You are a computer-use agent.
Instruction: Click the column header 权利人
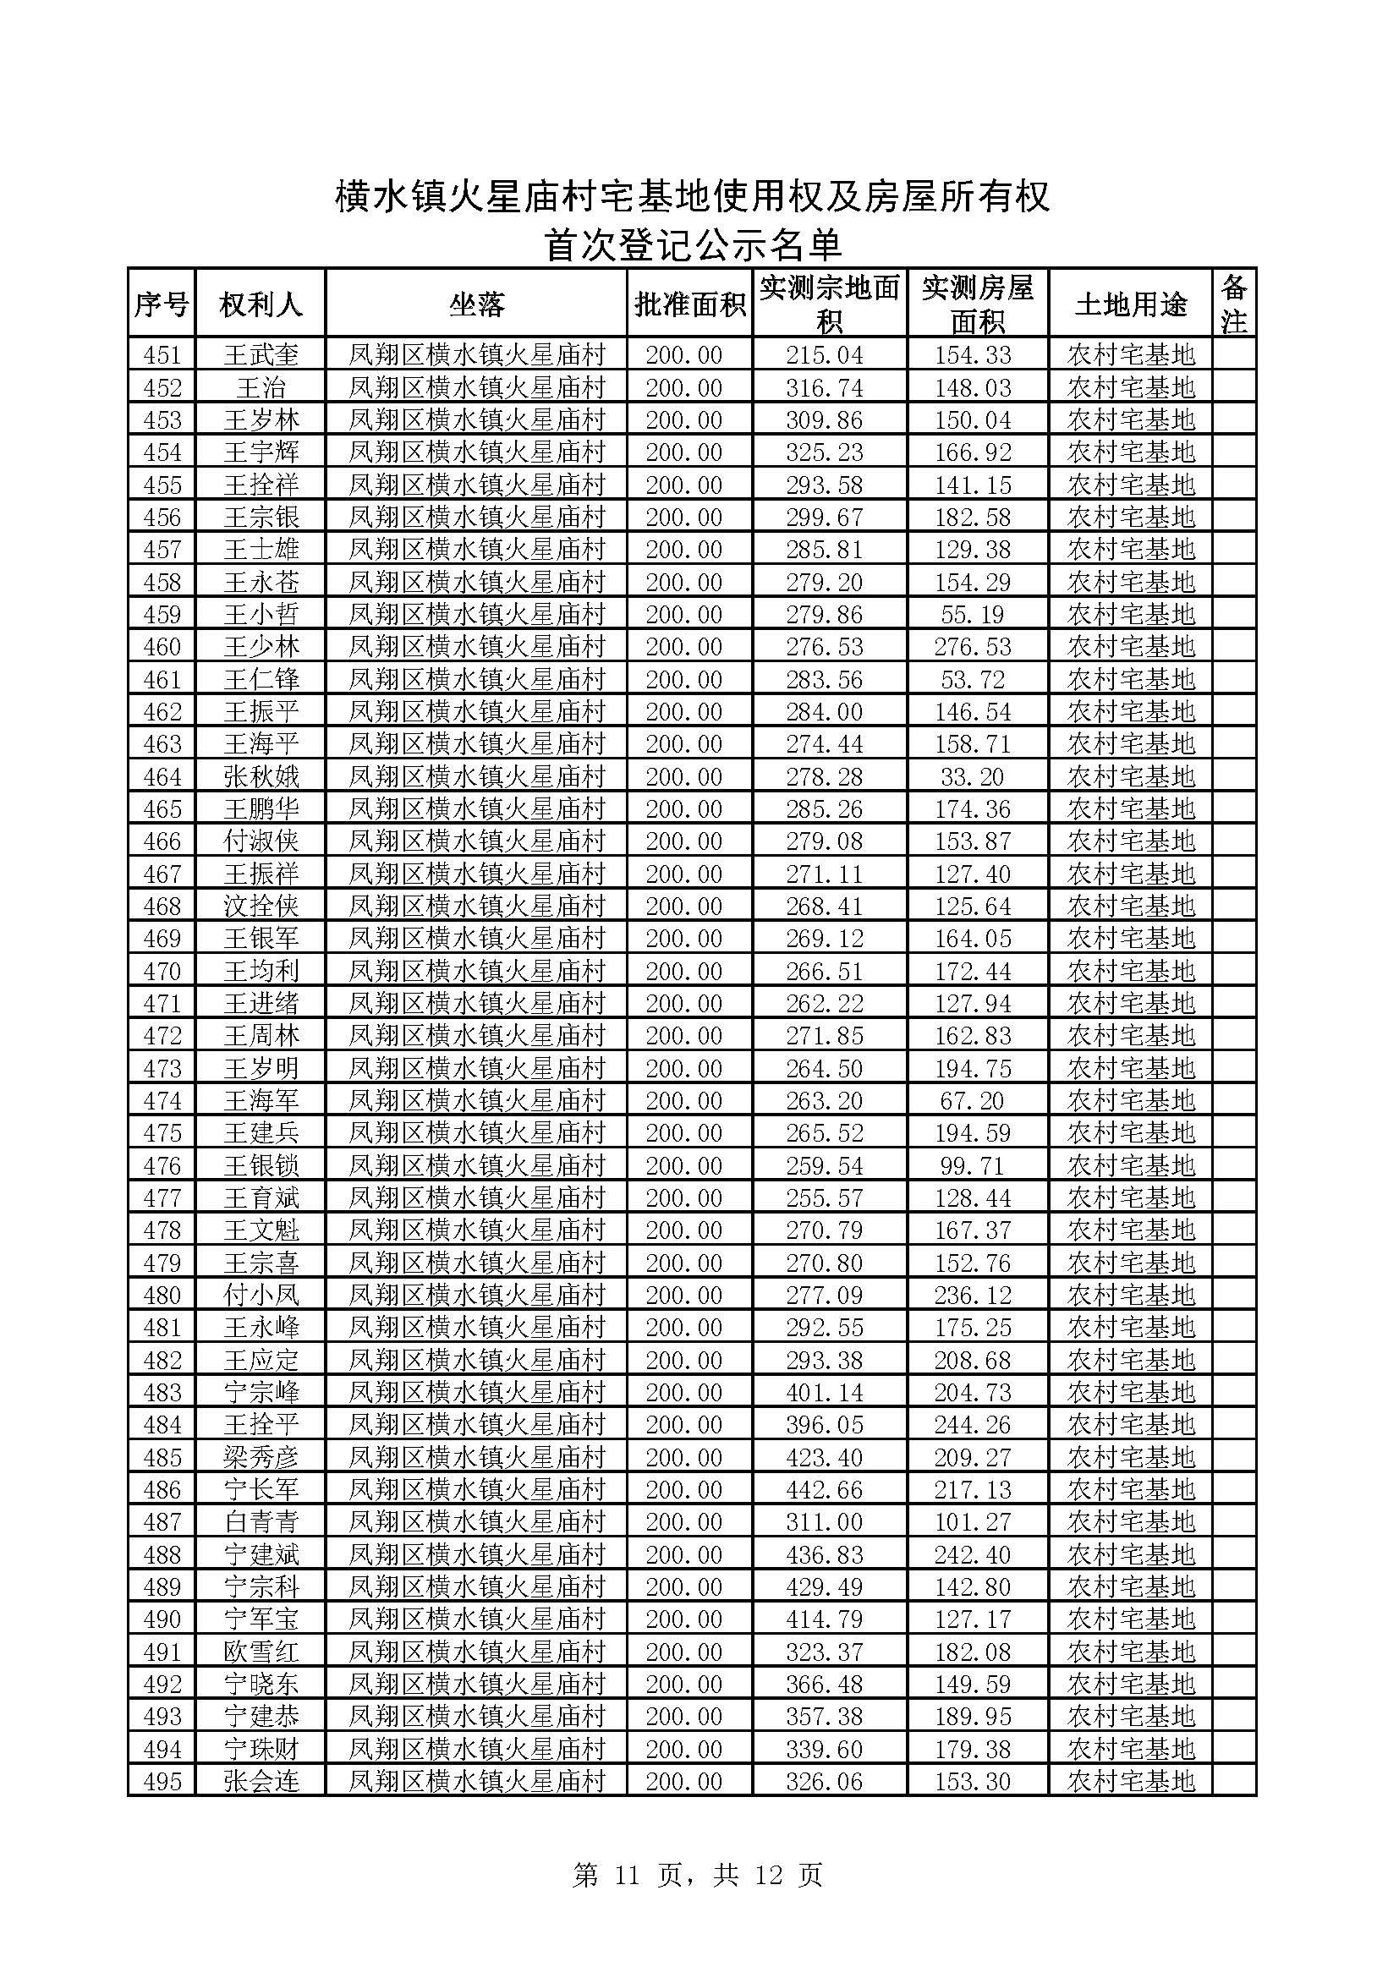tap(261, 304)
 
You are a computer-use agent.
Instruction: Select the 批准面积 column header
tap(689, 304)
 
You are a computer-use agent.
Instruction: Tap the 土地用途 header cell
tap(1130, 304)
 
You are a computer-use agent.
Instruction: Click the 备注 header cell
tap(1233, 304)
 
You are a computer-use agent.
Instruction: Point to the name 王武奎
tap(261, 355)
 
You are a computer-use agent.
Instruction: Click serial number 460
tap(162, 647)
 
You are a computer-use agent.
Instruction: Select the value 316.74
tap(824, 387)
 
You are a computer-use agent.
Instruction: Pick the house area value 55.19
tap(973, 614)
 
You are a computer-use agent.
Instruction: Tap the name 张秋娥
tap(261, 777)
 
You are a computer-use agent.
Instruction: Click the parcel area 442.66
tap(824, 1489)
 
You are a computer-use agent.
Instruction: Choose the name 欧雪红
tap(261, 1652)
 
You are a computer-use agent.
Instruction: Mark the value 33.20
tap(973, 777)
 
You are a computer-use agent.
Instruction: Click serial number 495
tap(162, 1781)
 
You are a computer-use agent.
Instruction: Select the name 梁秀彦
tap(261, 1458)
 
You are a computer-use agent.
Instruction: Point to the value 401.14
tap(824, 1392)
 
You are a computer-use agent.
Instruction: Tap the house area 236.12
tap(973, 1295)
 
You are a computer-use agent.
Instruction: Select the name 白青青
tap(261, 1522)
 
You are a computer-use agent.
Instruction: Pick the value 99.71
tap(973, 1165)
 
